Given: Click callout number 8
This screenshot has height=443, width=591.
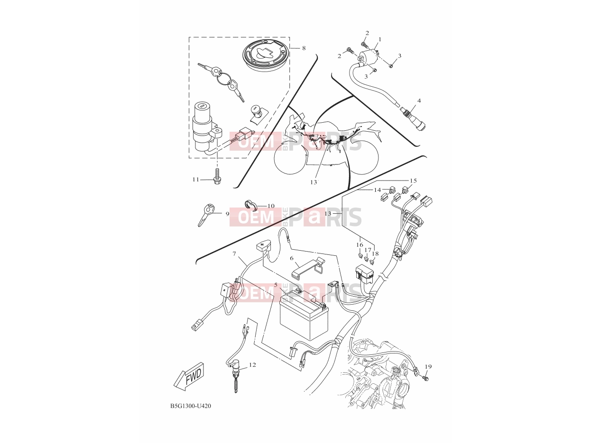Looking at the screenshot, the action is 304,48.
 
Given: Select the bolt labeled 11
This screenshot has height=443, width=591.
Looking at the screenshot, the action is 217,176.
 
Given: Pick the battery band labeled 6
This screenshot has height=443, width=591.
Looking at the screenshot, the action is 308,267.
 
